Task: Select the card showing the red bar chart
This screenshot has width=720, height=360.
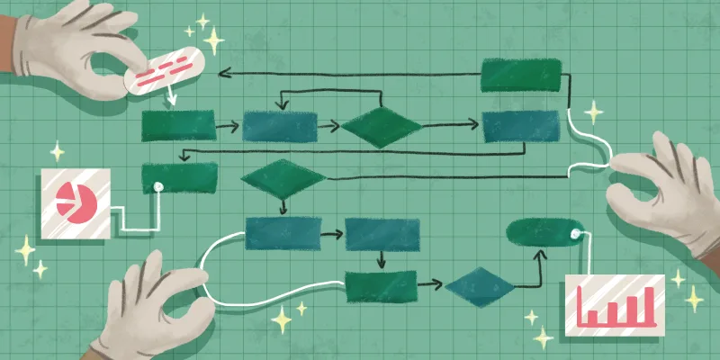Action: (x=614, y=304)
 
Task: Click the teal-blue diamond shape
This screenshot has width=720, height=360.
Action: (x=480, y=286)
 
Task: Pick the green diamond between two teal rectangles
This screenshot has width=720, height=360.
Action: (x=381, y=127)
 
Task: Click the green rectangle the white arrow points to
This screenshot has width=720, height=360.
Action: (x=178, y=125)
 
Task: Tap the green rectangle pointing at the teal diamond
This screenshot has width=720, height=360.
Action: (x=382, y=285)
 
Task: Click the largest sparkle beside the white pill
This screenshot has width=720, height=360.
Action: (x=214, y=40)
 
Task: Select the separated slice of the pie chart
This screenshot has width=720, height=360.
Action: (x=66, y=193)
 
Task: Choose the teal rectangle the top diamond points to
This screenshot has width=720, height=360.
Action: (x=514, y=127)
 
